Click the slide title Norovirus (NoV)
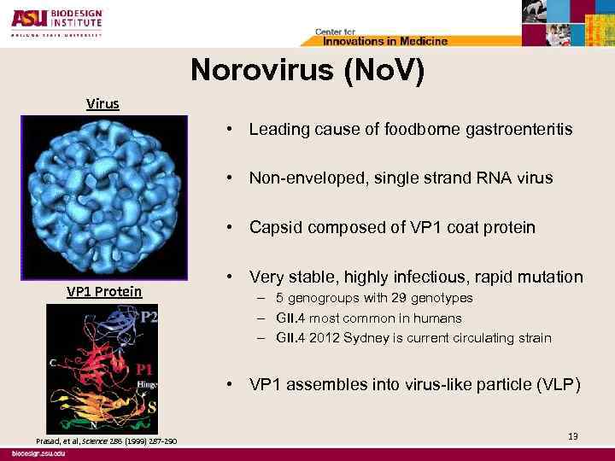pos(307,72)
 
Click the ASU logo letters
pos(32,17)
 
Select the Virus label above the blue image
pos(102,104)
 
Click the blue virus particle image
pos(103,196)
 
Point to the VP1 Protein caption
pos(104,291)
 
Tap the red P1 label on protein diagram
pos(144,370)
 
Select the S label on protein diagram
pos(153,407)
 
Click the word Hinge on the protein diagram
pos(147,386)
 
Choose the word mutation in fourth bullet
pos(552,277)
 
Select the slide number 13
pos(572,436)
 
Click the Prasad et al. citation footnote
pos(106,441)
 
